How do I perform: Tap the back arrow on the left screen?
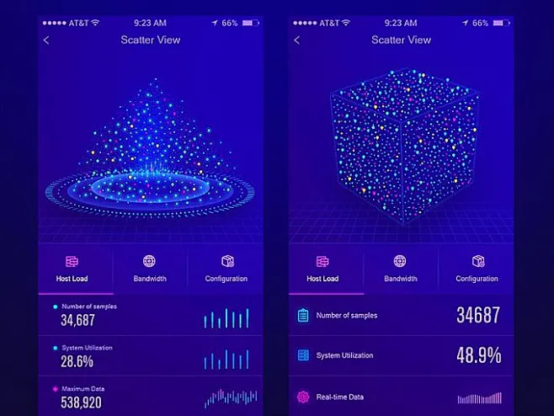click(x=46, y=40)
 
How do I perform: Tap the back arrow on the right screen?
click(x=296, y=40)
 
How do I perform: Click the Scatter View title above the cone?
click(x=150, y=40)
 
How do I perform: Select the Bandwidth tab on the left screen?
click(x=150, y=269)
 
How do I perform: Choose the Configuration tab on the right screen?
click(x=477, y=269)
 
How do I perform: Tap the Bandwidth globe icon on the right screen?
click(x=401, y=262)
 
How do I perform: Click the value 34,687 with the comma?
click(x=77, y=320)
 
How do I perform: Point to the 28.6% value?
click(x=77, y=361)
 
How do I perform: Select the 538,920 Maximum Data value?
click(x=81, y=403)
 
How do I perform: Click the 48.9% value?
click(x=478, y=355)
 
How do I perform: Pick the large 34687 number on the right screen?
click(x=478, y=316)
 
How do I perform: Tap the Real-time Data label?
click(x=340, y=397)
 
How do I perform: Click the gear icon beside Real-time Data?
click(x=303, y=397)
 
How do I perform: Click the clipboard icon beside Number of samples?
click(x=303, y=316)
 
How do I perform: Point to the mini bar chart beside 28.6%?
click(x=226, y=360)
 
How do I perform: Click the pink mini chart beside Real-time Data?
click(x=479, y=397)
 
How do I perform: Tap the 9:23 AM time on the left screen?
click(x=150, y=23)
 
